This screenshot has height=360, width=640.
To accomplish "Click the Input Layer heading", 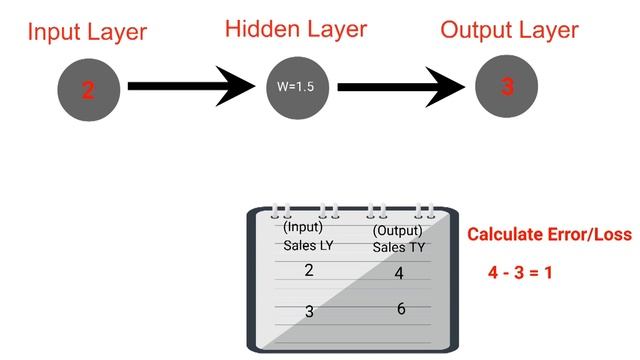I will click(87, 32).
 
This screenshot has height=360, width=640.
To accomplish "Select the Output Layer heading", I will click(509, 30).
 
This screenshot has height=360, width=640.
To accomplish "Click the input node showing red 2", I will click(88, 89).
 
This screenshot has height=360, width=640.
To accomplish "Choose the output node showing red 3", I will click(507, 87).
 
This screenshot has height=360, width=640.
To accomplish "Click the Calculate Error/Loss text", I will click(549, 235).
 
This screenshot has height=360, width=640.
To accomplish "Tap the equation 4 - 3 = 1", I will click(520, 272).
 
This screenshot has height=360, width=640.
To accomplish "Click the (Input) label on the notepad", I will click(302, 226).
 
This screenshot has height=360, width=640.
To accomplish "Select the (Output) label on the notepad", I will click(397, 230).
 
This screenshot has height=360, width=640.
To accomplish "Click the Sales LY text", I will click(306, 245).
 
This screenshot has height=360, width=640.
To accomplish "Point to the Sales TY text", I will click(399, 247).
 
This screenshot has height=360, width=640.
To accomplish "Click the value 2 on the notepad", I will click(308, 270).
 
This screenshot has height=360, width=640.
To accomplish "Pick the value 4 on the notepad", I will click(399, 273).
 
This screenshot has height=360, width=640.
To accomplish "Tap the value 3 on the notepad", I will click(309, 311).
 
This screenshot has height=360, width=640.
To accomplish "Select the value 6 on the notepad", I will click(401, 308).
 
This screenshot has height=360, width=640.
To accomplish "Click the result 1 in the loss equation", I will click(548, 272).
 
